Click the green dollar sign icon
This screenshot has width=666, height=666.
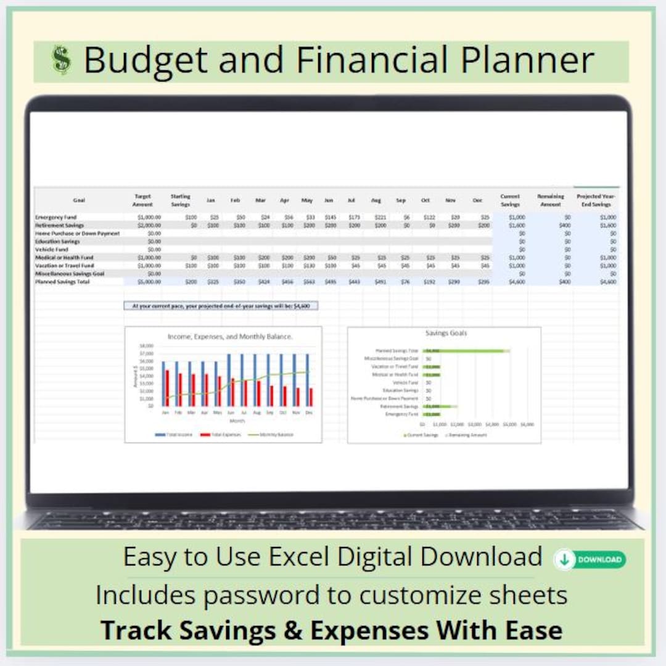click(61, 60)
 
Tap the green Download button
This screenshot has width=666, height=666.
click(590, 559)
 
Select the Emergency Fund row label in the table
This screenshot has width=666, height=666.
click(56, 218)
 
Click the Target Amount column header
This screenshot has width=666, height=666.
click(142, 200)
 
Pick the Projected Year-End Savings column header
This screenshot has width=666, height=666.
click(596, 200)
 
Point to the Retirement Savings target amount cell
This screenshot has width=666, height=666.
click(149, 226)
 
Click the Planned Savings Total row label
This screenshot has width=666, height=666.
click(62, 282)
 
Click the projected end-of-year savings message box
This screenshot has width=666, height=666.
click(221, 305)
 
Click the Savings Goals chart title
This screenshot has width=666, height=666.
click(446, 333)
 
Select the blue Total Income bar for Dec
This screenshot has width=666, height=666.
click(307, 379)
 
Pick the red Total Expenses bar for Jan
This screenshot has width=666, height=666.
click(167, 388)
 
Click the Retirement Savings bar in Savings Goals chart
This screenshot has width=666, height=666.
click(439, 406)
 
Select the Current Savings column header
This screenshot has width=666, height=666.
click(510, 200)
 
